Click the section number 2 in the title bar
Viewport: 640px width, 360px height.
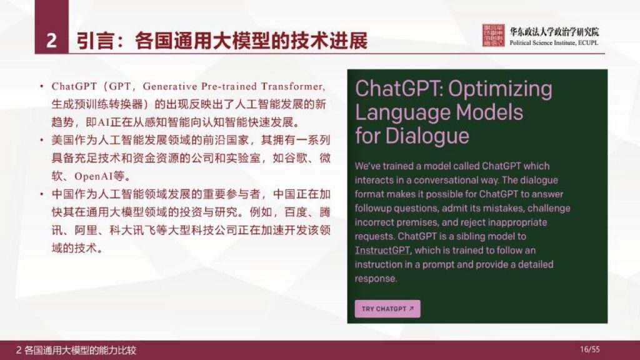52,41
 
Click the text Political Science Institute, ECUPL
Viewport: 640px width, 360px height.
554,43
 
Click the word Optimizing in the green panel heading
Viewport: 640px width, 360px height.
500,89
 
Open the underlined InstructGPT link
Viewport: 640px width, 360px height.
382,250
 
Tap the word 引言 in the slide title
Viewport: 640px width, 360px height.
94,41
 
